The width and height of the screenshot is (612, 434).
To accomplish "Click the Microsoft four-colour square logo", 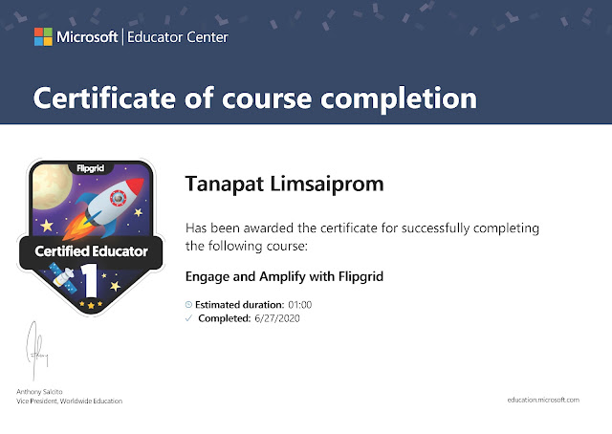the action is point(43,36).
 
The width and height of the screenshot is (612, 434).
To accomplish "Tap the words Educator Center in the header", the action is point(178,37).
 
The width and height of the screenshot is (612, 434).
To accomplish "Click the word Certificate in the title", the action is point(104,98).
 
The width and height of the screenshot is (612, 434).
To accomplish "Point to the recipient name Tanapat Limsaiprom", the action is point(285,184).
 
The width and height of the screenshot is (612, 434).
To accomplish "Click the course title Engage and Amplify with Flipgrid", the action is point(284,276).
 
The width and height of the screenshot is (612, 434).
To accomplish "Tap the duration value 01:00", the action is point(299,305).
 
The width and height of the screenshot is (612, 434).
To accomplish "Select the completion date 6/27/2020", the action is point(277,318).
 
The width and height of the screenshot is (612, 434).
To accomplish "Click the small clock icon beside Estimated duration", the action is point(188,304).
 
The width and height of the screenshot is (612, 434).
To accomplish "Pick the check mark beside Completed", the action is point(189,318).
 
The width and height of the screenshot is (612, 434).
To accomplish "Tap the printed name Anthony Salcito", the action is point(39,391).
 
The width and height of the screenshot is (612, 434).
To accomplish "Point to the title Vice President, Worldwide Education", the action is point(70,401).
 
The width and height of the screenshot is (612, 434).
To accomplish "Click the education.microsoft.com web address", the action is point(543,400).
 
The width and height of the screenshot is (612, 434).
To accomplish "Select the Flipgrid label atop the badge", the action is point(91,168).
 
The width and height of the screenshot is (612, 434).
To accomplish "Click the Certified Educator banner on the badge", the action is point(91,251).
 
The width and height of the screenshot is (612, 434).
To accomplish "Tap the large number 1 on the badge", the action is point(90,281).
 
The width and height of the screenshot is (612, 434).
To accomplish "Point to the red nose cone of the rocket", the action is point(136,186).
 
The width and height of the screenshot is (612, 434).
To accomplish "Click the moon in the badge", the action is point(51,186).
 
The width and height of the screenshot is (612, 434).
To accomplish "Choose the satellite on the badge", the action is point(64,277).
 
